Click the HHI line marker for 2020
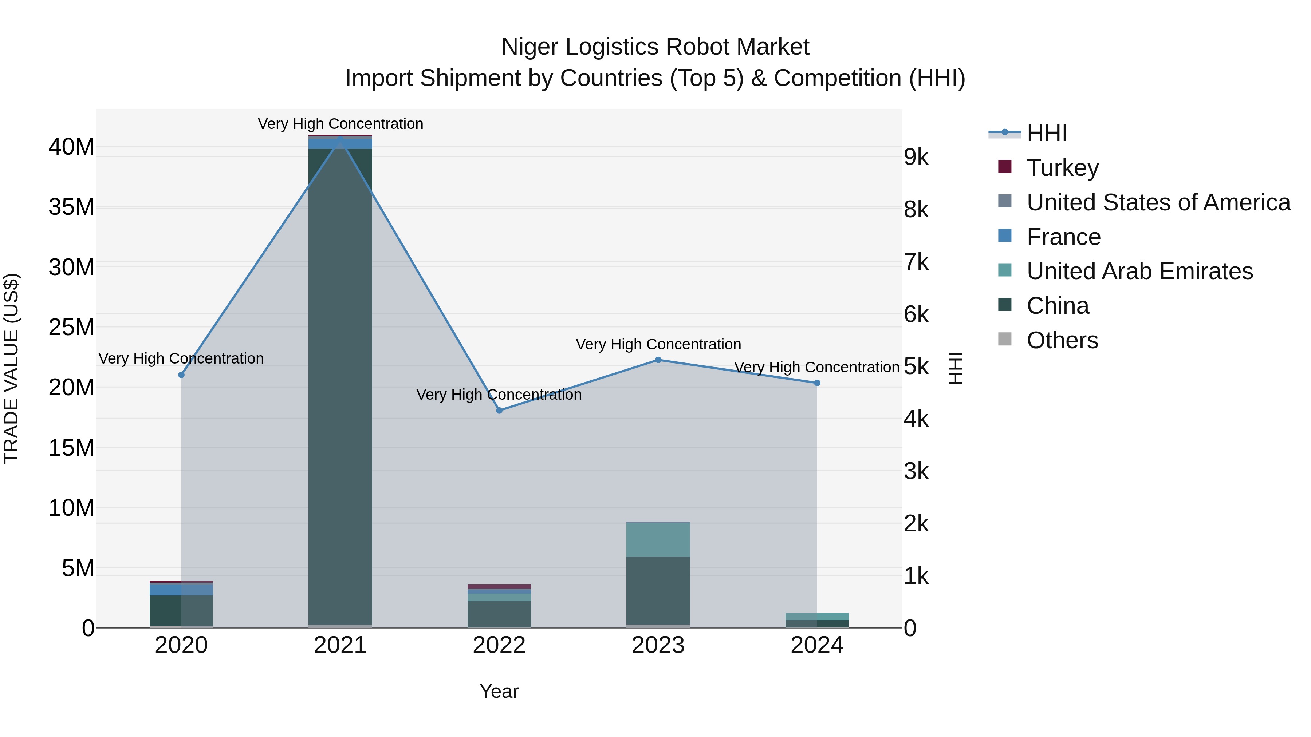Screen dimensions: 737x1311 coord(181,375)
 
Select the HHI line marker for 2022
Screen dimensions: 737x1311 coord(499,411)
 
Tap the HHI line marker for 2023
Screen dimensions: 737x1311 coord(658,360)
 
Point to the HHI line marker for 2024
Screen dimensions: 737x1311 coord(817,383)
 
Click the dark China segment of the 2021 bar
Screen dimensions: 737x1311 coord(340,387)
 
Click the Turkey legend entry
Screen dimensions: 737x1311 coord(1062,168)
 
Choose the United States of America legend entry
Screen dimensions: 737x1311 coord(1158,202)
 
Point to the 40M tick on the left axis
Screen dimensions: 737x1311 coord(71,147)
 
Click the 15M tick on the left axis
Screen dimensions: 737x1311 coord(71,448)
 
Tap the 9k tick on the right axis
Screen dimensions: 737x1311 coord(916,157)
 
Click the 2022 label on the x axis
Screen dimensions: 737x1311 coord(499,645)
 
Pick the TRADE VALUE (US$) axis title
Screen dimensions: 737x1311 coord(11,368)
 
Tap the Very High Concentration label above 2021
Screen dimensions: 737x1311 coord(340,124)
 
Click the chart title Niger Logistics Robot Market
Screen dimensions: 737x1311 coord(655,47)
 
